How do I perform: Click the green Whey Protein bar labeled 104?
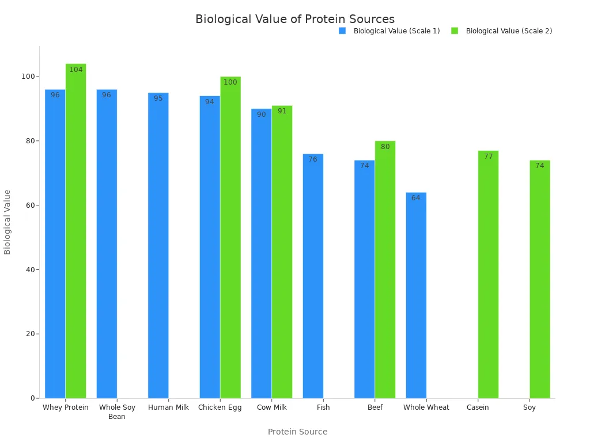click(x=75, y=230)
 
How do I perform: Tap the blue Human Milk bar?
click(x=158, y=245)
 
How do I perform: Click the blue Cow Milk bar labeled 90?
click(x=261, y=253)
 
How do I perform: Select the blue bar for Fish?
click(x=313, y=276)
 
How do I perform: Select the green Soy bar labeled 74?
click(x=540, y=279)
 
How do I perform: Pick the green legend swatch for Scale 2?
click(x=455, y=31)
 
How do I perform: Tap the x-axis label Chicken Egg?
click(x=220, y=407)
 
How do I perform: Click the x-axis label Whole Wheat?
click(x=426, y=407)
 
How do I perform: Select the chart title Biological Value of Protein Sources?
click(x=295, y=19)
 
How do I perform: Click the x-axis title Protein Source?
click(x=297, y=432)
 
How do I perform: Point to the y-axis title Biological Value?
click(x=7, y=222)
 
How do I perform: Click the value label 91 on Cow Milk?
click(x=282, y=111)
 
